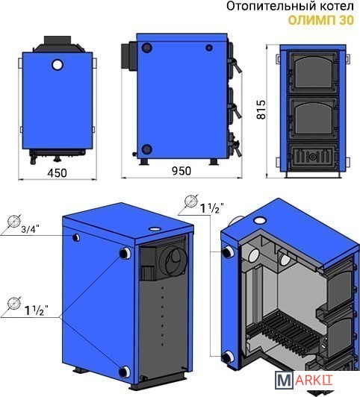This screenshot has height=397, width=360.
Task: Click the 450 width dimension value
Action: [x=58, y=173]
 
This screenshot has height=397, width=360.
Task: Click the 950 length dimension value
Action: [x=181, y=171]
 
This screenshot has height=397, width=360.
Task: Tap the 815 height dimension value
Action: [x=261, y=110]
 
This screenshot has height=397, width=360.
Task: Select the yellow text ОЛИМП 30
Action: [x=321, y=20]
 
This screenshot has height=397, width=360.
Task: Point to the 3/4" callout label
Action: [x=31, y=229]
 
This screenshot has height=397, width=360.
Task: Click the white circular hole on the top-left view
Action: [x=58, y=65]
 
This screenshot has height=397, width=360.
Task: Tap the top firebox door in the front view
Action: [x=313, y=72]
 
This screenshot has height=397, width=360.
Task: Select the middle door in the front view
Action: [x=313, y=118]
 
